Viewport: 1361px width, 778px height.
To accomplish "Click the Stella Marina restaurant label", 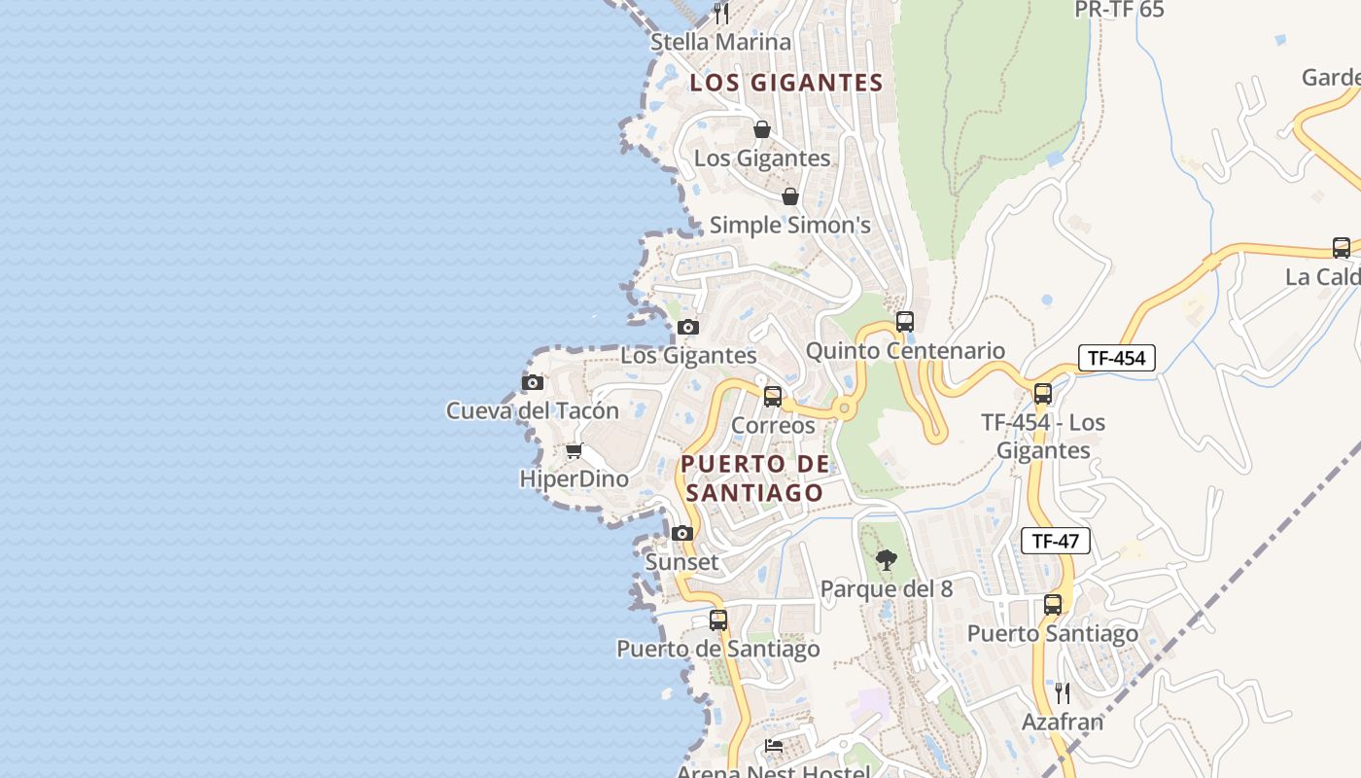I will [x=720, y=43].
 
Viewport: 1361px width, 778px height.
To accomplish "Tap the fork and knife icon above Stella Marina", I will [x=720, y=13].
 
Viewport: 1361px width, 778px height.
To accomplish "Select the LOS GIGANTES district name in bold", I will [x=785, y=84].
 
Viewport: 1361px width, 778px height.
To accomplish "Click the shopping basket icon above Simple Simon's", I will [x=790, y=196].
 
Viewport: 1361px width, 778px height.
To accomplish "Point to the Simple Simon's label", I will [x=789, y=226].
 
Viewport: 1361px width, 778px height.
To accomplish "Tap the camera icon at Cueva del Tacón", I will [x=532, y=382].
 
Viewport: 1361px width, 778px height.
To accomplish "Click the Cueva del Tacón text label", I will [x=532, y=411].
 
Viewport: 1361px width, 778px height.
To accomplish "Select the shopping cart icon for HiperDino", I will [x=574, y=450].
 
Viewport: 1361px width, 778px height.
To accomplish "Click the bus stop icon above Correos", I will [x=773, y=396].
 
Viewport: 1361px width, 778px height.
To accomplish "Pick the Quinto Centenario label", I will [x=905, y=351].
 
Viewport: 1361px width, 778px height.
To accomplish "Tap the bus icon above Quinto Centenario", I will [x=905, y=321].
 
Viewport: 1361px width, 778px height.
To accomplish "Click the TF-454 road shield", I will [x=1116, y=358].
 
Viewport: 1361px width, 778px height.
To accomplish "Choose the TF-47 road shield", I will [x=1055, y=542].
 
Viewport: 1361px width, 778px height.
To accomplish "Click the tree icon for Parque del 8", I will [x=886, y=559].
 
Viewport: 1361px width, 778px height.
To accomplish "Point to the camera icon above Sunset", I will [x=682, y=533].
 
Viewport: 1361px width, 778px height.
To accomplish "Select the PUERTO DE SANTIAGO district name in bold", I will [x=754, y=477].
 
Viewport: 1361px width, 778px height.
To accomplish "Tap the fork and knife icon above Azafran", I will [x=1063, y=692].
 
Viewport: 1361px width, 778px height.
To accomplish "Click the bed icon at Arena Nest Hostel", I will [x=774, y=746].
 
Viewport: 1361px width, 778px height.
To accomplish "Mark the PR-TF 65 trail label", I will [x=1119, y=10].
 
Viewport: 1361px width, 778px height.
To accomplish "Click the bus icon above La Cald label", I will [x=1342, y=247].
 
